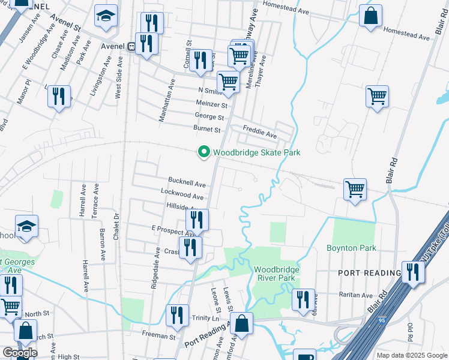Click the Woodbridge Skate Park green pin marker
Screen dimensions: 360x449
204,152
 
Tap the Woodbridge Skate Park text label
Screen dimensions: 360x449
256,152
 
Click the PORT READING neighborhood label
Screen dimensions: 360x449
369,273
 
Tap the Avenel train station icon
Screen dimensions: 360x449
130,46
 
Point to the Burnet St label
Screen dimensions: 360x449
206,129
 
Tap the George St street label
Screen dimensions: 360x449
209,117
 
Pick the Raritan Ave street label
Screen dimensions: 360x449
357,295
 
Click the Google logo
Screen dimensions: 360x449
20,353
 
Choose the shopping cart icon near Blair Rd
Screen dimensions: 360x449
377,95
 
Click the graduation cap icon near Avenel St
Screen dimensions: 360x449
106,18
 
